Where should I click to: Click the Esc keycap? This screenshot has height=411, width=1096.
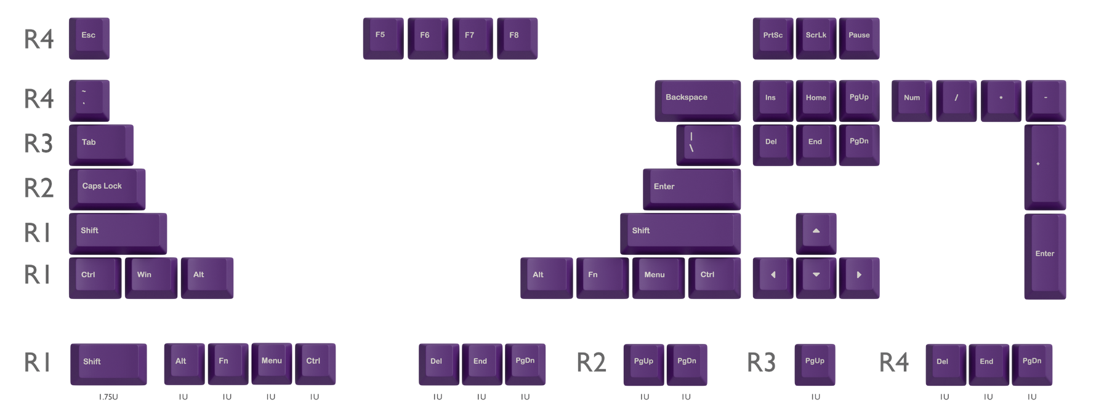pos(89,38)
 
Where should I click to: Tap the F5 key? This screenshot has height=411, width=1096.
pos(383,38)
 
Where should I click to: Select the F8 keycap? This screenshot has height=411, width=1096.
pos(517,38)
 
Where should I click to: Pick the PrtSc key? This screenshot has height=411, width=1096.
pos(773,38)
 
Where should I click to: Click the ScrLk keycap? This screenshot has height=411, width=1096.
pos(816,38)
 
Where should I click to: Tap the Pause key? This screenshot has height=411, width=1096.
pos(859,38)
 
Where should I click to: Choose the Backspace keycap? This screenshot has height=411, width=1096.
pos(698,100)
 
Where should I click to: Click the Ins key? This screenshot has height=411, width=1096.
pos(773,100)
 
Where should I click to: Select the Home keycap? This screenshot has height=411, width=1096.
pos(816,100)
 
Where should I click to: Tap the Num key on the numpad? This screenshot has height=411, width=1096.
pos(912,100)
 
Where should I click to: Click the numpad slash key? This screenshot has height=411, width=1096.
pos(956,100)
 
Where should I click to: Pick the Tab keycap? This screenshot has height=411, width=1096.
pos(101,145)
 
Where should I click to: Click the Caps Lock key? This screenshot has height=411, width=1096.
pos(107,189)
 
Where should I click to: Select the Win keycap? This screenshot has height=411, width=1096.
pos(151,278)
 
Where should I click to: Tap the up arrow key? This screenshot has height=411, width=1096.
pos(816,234)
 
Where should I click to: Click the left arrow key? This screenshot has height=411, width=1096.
pos(773,278)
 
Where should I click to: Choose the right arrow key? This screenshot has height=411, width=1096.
pos(859,278)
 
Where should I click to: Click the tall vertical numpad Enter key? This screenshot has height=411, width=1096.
pos(1045,257)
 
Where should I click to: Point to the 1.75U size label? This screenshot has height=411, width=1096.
pos(108,397)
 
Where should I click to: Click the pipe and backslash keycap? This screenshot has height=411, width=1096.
pos(709,145)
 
